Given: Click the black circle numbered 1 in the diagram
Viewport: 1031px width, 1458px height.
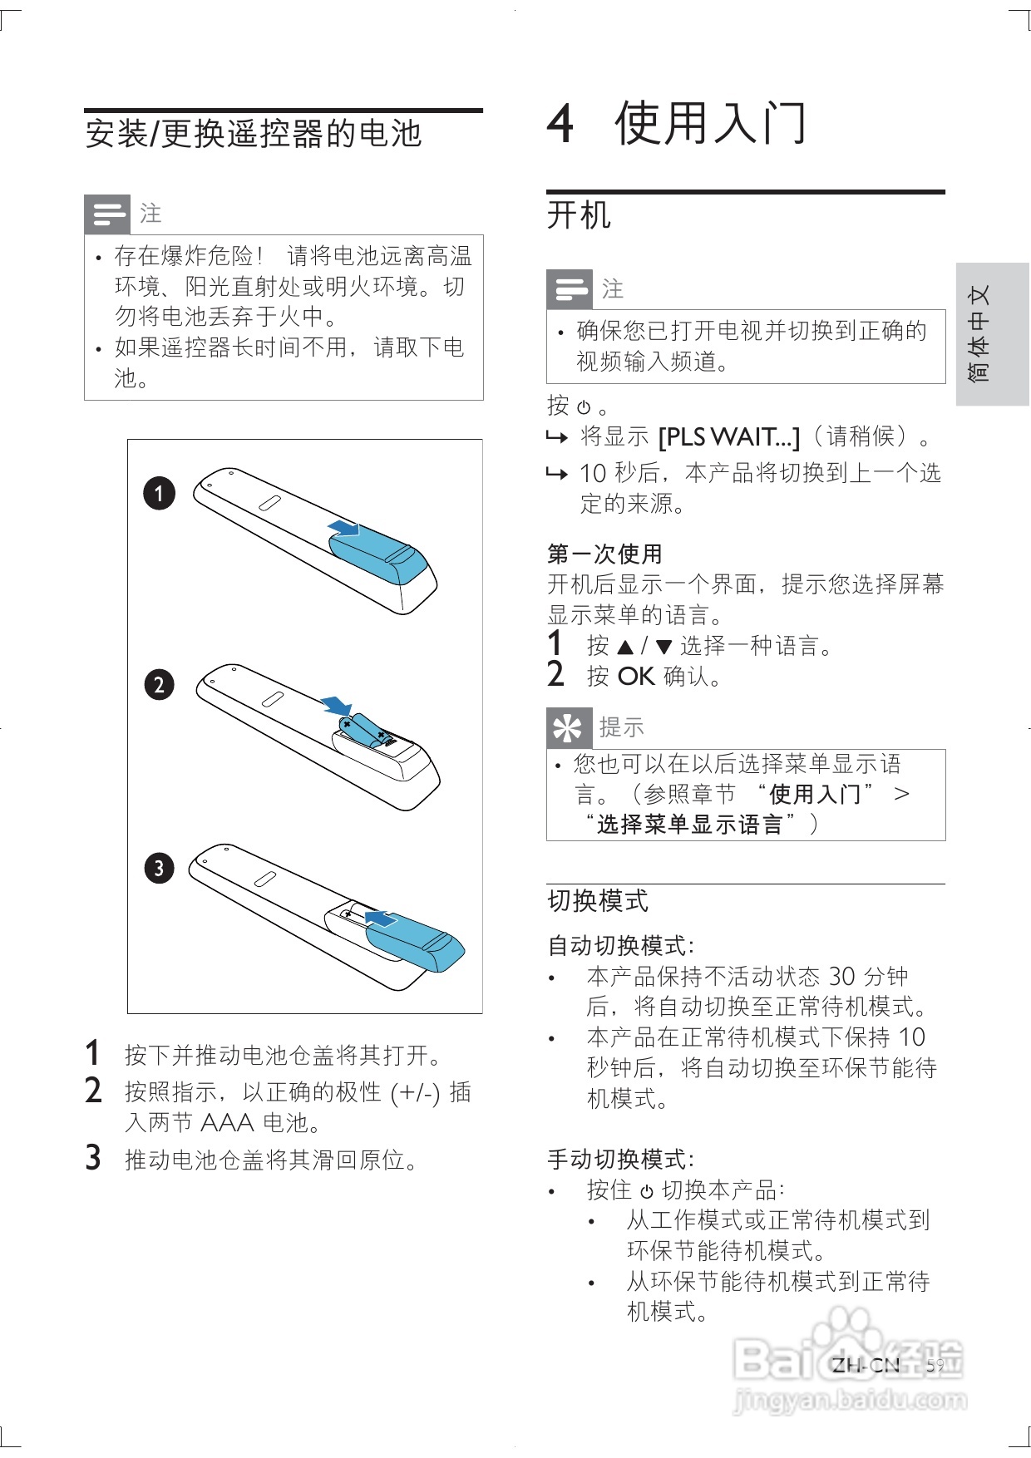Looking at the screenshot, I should (159, 493).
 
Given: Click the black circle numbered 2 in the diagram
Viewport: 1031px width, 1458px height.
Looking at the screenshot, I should (159, 685).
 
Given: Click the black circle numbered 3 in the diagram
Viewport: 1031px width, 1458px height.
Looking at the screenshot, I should (159, 869).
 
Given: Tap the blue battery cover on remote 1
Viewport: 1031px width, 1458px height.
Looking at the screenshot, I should (378, 557).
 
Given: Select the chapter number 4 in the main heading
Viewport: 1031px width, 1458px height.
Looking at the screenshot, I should (560, 124).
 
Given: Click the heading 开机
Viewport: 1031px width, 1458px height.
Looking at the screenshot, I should (579, 216).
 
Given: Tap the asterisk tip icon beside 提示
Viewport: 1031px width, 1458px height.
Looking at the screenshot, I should (569, 728).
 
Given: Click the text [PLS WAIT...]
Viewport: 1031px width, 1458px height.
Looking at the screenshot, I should (728, 437).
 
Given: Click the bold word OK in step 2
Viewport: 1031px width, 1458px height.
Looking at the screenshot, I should (636, 677).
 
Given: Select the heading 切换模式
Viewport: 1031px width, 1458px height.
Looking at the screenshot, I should (598, 901).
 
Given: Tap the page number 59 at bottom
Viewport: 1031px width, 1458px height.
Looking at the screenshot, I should (935, 1365).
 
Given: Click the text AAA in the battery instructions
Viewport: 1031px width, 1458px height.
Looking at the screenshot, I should (227, 1123).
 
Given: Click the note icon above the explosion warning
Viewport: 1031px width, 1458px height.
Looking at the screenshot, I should (107, 214).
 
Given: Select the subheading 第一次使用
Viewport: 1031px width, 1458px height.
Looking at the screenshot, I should (604, 554).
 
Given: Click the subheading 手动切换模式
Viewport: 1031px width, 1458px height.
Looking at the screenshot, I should (620, 1159).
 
